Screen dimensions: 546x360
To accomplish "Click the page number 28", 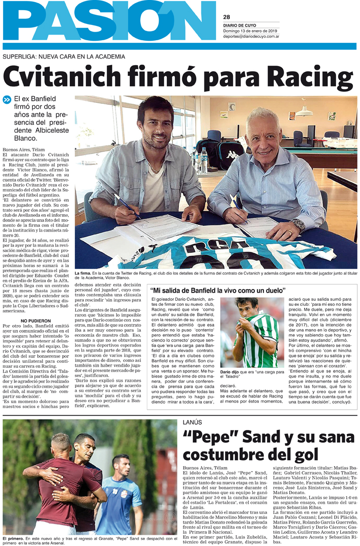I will (x=226, y=16).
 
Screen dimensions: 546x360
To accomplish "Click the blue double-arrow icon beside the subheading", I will (x=7, y=100).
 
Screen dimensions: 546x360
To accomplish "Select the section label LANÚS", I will (x=193, y=422).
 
